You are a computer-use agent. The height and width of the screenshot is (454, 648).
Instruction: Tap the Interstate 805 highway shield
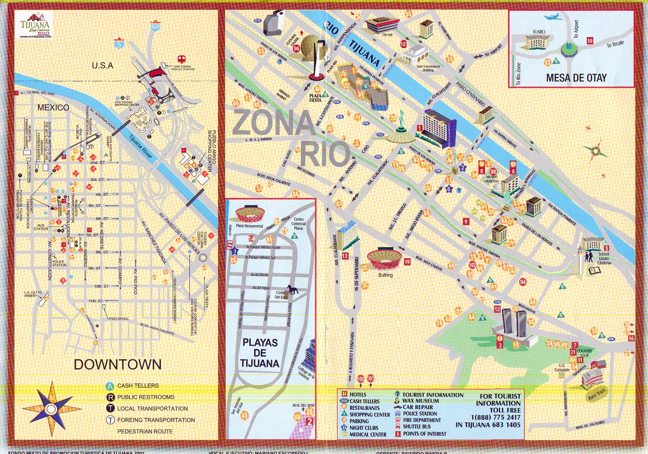pyautogui.click(x=155, y=25)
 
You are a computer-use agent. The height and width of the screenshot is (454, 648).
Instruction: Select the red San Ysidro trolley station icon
pyautogui.click(x=181, y=59)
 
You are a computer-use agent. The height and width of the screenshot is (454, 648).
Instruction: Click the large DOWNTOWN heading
pyautogui.click(x=117, y=364)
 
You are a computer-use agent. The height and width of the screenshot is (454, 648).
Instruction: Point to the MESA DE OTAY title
pyautogui.click(x=576, y=78)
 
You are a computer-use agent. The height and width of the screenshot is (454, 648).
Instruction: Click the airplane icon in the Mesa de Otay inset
pyautogui.click(x=552, y=17)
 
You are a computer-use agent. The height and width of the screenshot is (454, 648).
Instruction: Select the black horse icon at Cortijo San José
pyautogui.click(x=293, y=290)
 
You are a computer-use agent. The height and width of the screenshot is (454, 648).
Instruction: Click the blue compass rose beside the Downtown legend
pyautogui.click(x=51, y=408)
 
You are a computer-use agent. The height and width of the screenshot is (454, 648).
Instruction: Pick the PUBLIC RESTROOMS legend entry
pyautogui.click(x=146, y=397)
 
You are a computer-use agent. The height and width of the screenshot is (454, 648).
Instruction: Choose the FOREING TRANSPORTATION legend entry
pyautogui.click(x=156, y=420)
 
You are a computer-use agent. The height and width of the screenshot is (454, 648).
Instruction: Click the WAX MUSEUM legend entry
pyautogui.click(x=420, y=401)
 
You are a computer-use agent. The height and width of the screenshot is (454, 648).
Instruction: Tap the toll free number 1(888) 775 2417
pyautogui.click(x=495, y=417)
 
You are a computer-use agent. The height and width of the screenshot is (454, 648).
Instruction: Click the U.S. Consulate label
pyautogui.click(x=562, y=367)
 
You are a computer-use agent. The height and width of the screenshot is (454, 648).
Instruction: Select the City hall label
pyautogui.click(x=387, y=34)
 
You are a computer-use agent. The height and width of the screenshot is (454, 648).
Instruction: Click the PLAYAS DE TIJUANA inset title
pyautogui.click(x=260, y=353)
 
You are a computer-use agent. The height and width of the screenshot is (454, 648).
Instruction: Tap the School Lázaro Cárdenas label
pyautogui.click(x=604, y=258)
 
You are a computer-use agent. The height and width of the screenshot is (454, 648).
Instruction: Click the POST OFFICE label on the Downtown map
pyautogui.click(x=118, y=319)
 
